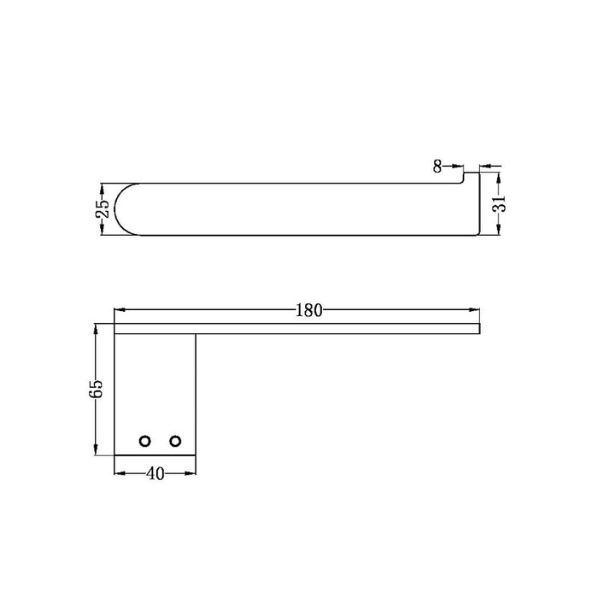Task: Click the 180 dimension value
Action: (x=309, y=310)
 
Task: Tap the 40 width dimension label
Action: (x=155, y=474)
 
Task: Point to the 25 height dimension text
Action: (x=103, y=209)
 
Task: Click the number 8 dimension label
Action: (x=437, y=167)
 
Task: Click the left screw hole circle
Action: (x=145, y=442)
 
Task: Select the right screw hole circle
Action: (x=175, y=442)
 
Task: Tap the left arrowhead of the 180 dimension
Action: (x=120, y=310)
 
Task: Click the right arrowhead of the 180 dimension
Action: (x=474, y=310)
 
